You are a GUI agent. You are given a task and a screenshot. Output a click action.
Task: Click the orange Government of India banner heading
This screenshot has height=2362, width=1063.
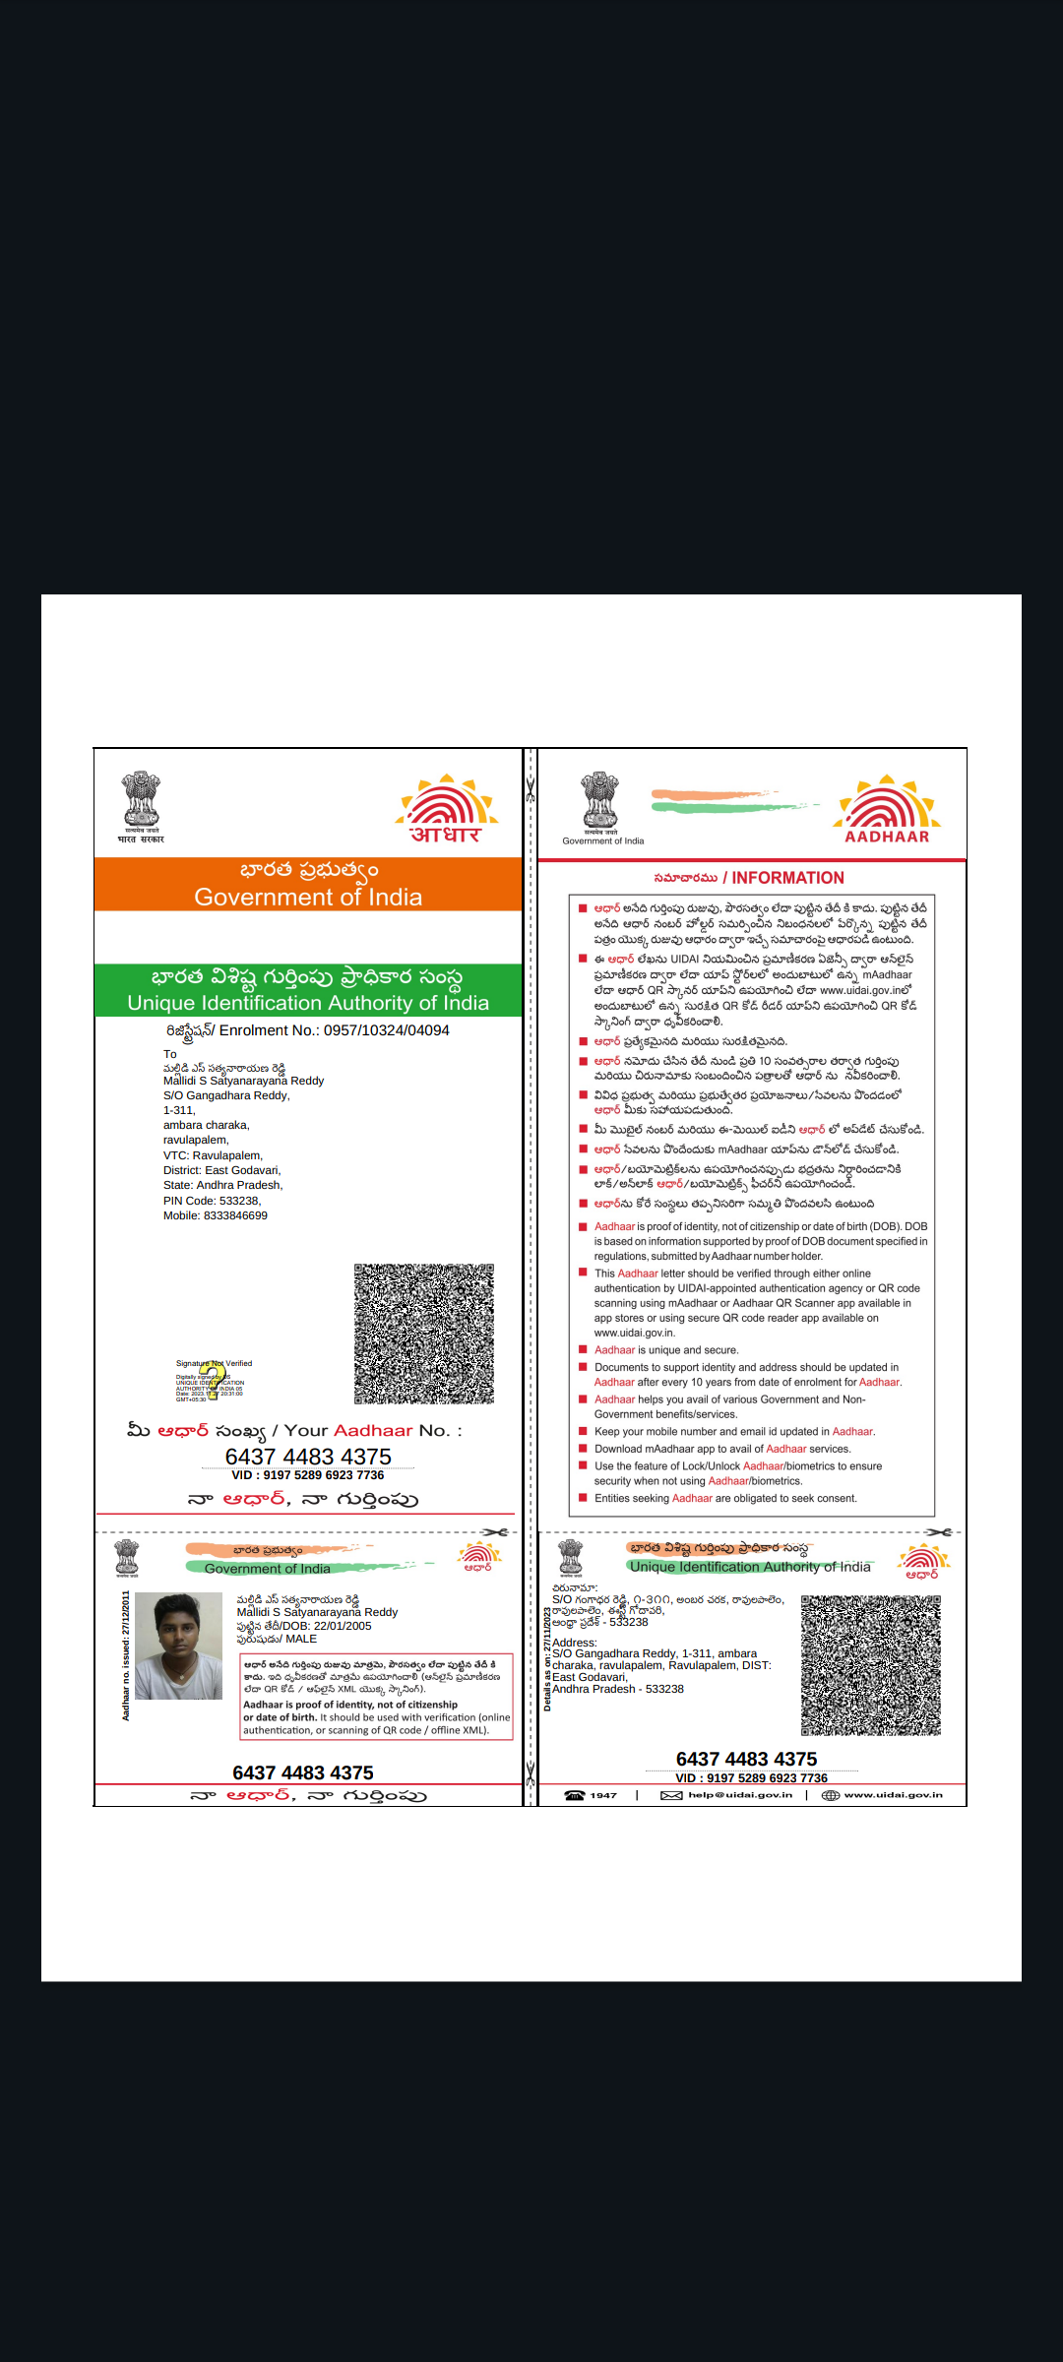point(308,897)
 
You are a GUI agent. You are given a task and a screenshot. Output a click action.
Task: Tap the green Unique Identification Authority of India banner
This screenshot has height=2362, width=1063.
point(308,1002)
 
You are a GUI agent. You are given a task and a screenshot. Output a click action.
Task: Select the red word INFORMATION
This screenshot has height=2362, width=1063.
point(787,878)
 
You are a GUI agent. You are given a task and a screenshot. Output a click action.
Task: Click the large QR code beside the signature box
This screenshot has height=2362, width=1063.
point(424,1334)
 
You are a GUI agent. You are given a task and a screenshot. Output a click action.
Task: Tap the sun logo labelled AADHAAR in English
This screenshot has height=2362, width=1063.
point(887,809)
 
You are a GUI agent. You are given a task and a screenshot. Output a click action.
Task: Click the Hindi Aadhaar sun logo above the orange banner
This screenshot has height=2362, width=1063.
point(447,809)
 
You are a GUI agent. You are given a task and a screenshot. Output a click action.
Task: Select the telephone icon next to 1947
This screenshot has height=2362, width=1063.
point(575,1795)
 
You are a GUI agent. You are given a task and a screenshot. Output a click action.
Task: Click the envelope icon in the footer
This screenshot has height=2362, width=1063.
point(671,1795)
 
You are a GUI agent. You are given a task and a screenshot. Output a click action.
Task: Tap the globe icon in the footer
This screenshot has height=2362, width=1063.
point(831,1795)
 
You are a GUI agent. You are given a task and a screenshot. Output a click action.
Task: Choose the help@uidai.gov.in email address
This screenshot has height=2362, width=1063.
point(740,1795)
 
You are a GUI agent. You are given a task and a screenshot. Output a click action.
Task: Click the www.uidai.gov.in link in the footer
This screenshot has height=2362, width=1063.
point(894,1795)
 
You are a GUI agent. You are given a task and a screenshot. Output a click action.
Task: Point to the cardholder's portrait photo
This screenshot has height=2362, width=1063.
point(178,1646)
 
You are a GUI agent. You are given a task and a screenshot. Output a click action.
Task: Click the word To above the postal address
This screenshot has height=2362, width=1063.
point(170,1054)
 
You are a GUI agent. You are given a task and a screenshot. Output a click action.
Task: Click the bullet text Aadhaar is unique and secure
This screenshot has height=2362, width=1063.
point(666,1350)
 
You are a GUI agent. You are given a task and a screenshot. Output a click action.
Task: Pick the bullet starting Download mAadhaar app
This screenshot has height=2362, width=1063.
point(722,1449)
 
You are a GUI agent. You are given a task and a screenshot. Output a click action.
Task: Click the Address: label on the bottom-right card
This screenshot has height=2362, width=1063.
point(575,1643)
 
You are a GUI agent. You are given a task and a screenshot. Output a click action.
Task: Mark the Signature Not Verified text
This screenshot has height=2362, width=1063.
point(215,1363)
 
